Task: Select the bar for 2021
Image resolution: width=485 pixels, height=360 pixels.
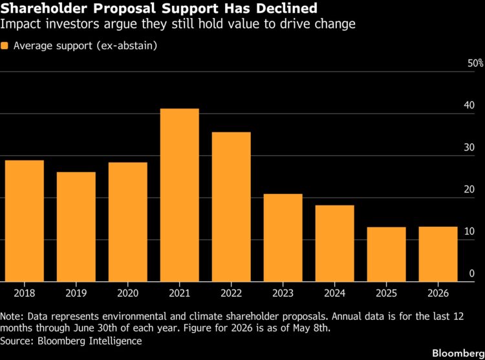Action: tap(179, 195)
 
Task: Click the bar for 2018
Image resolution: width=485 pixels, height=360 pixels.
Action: tap(25, 221)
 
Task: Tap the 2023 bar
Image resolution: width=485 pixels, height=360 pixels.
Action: tap(283, 238)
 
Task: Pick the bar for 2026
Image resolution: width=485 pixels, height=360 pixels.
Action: tap(438, 254)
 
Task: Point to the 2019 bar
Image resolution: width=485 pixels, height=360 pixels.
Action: tap(76, 227)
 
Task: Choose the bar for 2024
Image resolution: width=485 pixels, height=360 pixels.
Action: tap(335, 243)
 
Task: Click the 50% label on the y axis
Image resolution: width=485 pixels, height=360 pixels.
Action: tap(475, 63)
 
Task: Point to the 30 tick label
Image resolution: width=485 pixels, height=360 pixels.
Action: tap(469, 147)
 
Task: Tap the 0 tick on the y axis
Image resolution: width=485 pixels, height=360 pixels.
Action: tap(471, 273)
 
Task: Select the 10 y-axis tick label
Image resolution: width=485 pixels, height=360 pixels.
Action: tap(469, 231)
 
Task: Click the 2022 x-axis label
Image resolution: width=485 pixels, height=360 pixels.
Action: tap(231, 293)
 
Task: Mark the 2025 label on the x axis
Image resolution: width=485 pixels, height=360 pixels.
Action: tap(386, 293)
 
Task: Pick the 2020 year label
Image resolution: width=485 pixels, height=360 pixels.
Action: tap(128, 293)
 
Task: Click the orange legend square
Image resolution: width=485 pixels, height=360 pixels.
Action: tap(5, 46)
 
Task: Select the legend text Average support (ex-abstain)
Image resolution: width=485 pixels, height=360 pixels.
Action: tap(85, 46)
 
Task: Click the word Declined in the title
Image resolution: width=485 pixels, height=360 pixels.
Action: tap(286, 8)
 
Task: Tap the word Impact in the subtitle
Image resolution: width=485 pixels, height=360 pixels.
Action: tap(21, 24)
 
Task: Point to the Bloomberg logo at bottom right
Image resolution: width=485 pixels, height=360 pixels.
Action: tap(458, 353)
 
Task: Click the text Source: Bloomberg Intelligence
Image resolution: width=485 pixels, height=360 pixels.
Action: tap(71, 341)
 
